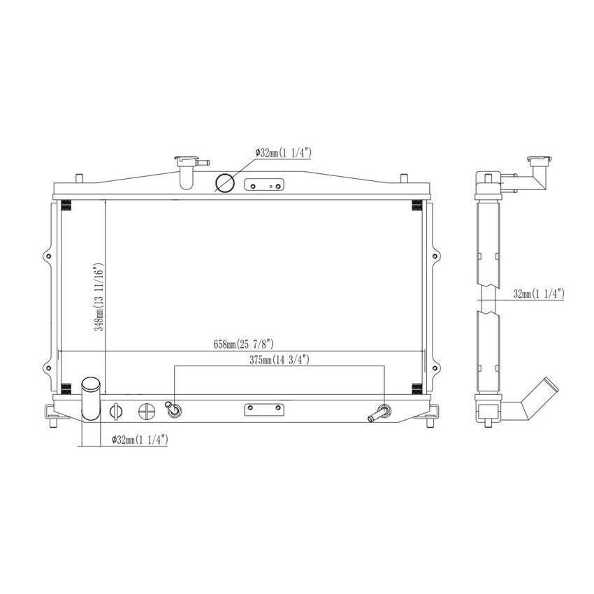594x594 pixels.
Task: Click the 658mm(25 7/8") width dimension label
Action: coord(242,345)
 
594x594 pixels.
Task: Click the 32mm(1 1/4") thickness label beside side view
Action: coord(539,294)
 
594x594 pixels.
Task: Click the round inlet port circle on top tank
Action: coord(224,183)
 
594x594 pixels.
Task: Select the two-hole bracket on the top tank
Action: coord(263,185)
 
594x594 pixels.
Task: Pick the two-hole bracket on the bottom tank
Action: coord(263,409)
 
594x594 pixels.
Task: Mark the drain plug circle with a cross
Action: coord(146,411)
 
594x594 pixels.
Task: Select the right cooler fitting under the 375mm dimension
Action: coord(382,414)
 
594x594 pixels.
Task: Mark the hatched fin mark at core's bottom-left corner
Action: coord(66,389)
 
